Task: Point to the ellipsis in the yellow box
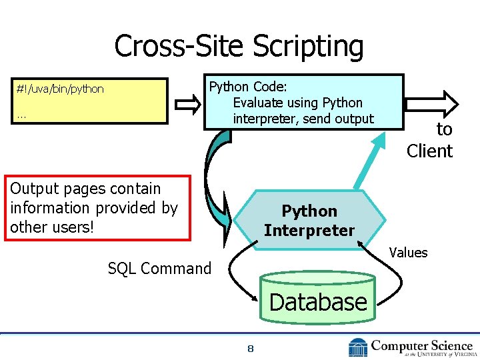[x=22, y=115]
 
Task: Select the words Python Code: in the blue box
[x=249, y=87]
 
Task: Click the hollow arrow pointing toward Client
[x=433, y=103]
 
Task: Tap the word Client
[x=429, y=151]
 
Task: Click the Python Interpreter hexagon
[x=309, y=221]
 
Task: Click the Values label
[x=408, y=252]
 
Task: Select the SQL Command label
[x=159, y=269]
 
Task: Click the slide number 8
[x=250, y=349]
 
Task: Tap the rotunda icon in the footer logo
[x=358, y=347]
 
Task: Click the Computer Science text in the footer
[x=421, y=345]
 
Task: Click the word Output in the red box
[x=33, y=189]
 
